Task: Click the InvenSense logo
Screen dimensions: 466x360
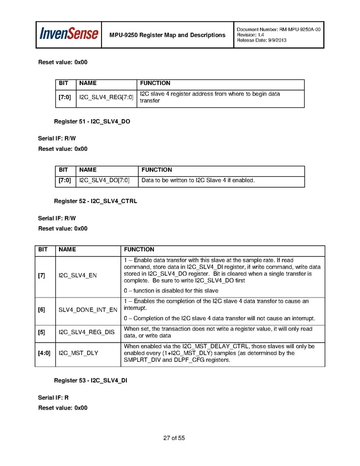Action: point(69,34)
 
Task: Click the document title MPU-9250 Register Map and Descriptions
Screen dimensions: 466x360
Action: point(167,35)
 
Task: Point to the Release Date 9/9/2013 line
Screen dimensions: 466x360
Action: point(261,40)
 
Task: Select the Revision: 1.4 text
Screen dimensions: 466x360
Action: point(251,35)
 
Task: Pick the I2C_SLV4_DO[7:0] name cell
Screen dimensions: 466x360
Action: point(104,180)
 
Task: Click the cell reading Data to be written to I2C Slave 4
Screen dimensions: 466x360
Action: point(198,180)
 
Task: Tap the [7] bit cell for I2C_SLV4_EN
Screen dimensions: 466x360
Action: point(41,275)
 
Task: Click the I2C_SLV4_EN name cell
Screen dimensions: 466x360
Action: point(78,275)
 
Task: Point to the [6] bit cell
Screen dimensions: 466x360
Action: point(41,310)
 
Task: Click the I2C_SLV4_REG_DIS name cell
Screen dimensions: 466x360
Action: point(87,332)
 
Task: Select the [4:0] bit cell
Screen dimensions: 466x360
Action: point(44,352)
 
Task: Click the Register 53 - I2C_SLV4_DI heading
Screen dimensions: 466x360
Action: point(91,380)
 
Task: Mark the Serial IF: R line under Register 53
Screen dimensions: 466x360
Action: point(53,398)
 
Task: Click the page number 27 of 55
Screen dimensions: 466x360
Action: point(174,438)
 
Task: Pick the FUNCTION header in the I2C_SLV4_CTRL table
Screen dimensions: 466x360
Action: point(139,249)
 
